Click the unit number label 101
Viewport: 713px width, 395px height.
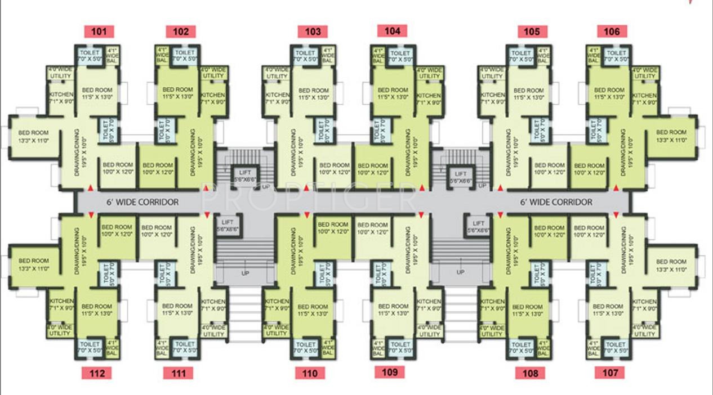click(99, 32)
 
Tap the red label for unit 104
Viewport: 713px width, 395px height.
click(392, 31)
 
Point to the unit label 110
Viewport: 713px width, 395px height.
click(309, 373)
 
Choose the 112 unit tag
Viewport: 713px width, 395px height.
click(96, 372)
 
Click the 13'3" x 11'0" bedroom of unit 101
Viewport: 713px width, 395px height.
click(33, 137)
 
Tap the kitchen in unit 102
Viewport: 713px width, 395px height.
click(213, 98)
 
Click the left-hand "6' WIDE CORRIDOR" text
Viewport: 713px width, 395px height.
click(142, 202)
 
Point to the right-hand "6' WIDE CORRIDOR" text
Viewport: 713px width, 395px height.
click(556, 202)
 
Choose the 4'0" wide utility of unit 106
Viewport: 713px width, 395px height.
click(644, 73)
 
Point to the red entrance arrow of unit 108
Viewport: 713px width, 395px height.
click(500, 215)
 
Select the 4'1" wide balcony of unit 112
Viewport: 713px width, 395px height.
click(112, 347)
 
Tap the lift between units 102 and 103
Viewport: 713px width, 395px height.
click(245, 177)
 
